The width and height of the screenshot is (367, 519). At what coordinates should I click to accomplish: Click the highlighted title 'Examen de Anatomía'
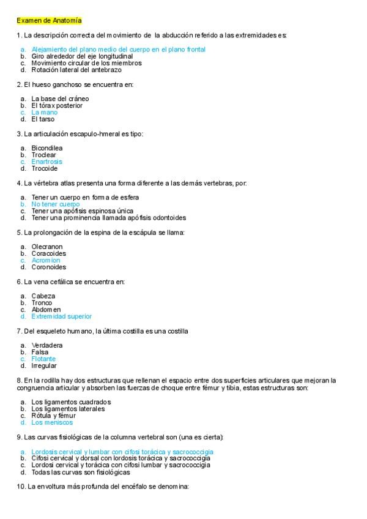(49, 21)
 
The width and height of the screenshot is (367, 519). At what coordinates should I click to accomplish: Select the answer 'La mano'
(44, 113)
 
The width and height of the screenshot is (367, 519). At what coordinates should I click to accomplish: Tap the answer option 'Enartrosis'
(46, 162)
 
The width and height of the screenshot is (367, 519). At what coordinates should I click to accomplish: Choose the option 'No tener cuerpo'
(56, 204)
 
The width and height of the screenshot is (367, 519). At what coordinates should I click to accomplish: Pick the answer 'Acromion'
(46, 260)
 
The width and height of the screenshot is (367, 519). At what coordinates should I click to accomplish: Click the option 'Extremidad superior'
(61, 316)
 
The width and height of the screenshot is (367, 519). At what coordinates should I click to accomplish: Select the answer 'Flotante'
(43, 359)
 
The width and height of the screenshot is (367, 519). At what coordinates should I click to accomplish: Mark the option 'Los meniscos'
(52, 422)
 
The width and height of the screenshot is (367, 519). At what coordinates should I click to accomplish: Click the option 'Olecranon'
(47, 247)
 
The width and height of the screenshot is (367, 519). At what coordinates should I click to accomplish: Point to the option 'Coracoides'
(48, 253)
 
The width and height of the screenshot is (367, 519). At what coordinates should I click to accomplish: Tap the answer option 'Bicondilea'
(47, 148)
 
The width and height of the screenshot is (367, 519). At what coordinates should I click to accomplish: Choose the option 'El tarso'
(43, 119)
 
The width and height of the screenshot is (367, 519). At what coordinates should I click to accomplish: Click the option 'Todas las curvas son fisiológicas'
(81, 472)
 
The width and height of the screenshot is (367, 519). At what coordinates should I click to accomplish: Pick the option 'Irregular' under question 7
(44, 365)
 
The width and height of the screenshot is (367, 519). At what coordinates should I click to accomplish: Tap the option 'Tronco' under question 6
(42, 302)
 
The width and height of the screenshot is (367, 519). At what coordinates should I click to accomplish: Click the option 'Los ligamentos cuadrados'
(71, 401)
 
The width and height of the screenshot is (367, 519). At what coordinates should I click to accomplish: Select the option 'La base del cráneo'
(60, 99)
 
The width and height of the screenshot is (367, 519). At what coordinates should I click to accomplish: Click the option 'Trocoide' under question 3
(45, 168)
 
